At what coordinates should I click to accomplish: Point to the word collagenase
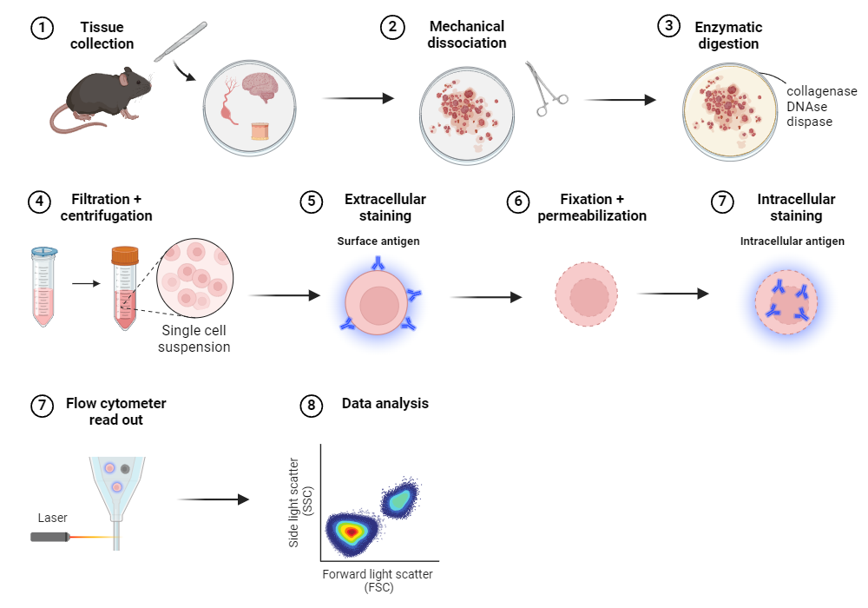(x=821, y=91)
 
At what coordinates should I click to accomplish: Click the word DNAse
(x=807, y=106)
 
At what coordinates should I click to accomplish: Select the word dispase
(x=809, y=122)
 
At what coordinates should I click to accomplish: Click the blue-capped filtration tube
(x=43, y=287)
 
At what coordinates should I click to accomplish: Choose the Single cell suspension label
(x=195, y=339)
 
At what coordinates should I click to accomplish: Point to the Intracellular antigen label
(x=792, y=241)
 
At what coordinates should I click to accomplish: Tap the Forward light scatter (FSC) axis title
(x=377, y=580)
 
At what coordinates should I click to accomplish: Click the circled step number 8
(x=310, y=405)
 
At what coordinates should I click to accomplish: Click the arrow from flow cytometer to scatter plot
(x=213, y=499)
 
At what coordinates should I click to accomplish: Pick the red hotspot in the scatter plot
(x=350, y=530)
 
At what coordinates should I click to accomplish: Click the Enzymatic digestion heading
(x=727, y=36)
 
